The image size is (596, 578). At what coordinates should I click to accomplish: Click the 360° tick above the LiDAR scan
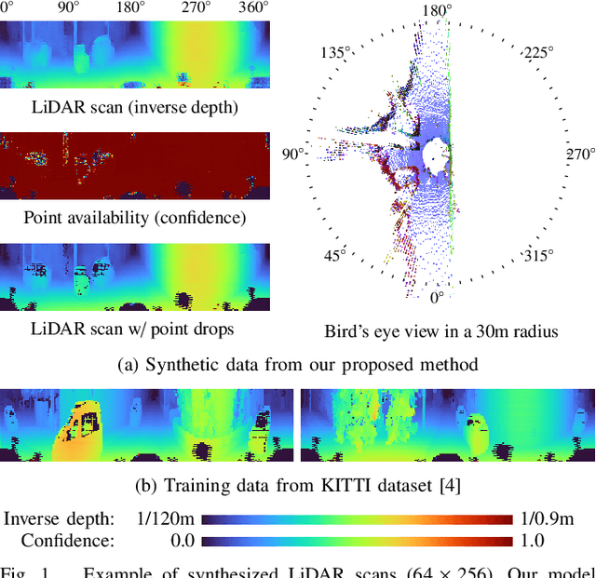click(x=252, y=8)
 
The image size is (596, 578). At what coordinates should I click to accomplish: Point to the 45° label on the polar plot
click(x=334, y=254)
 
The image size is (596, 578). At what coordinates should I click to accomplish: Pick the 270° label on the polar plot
click(x=579, y=154)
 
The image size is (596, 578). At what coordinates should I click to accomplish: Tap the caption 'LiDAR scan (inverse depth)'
click(x=135, y=107)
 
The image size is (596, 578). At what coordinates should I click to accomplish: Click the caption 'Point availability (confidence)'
click(x=135, y=218)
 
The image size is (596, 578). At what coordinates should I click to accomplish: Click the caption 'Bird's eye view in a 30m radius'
click(x=441, y=330)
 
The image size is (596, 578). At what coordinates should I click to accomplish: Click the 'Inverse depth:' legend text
click(x=60, y=519)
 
